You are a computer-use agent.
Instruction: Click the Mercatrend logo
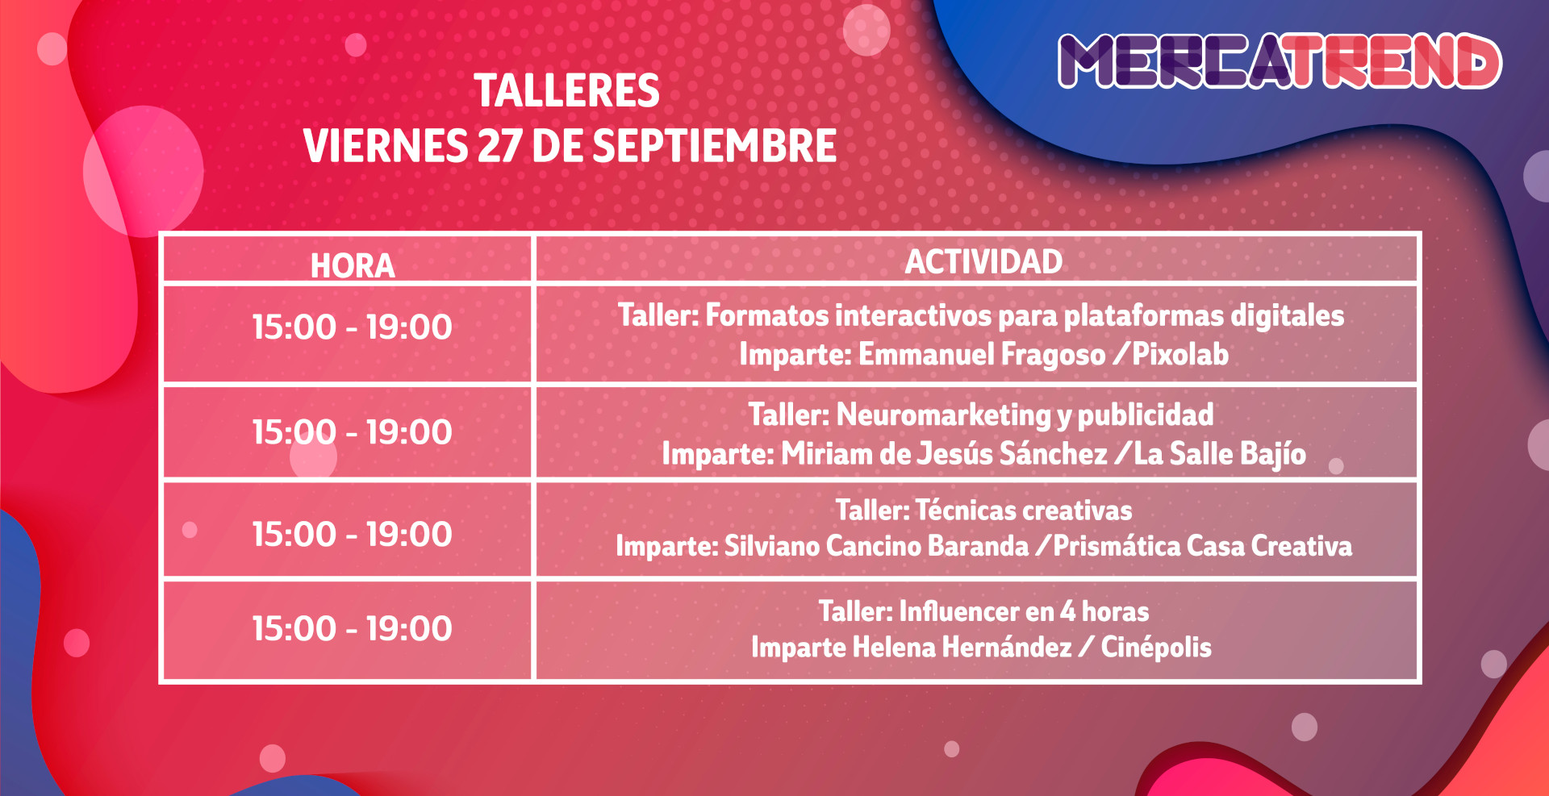1280,60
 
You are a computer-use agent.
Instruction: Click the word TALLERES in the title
566,90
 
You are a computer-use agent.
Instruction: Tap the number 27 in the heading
499,146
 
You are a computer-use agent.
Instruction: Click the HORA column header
353,265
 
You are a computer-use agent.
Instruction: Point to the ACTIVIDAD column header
983,261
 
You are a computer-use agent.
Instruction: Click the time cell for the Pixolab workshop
352,327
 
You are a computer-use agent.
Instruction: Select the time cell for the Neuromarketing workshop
352,432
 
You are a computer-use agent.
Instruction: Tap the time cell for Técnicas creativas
352,534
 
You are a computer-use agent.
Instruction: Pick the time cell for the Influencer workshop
352,628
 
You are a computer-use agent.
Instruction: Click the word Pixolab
1180,354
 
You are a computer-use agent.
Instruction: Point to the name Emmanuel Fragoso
982,355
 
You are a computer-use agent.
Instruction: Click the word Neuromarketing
944,415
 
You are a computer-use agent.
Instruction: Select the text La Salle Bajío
1220,454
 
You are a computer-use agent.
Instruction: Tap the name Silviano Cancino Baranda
876,546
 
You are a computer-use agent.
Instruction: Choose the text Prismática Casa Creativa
1203,546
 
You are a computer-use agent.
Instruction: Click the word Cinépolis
1156,647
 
